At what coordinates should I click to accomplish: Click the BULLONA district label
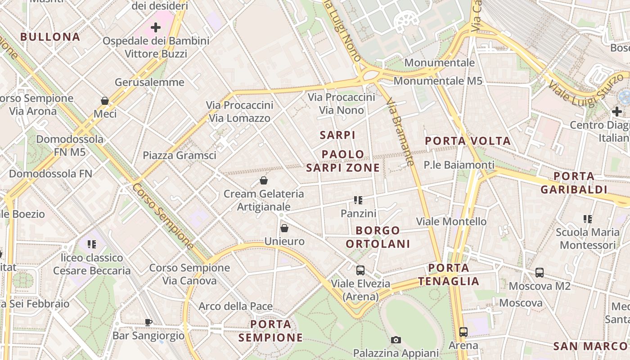(50, 37)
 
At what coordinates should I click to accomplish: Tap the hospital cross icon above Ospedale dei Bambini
(156, 27)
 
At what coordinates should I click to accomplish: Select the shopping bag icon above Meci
(105, 101)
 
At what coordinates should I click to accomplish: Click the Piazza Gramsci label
(180, 155)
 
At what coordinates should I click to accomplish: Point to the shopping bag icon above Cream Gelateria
(264, 181)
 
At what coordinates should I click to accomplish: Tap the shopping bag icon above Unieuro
(284, 228)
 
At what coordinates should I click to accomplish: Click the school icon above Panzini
(358, 200)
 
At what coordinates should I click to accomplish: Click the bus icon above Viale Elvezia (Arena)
(360, 270)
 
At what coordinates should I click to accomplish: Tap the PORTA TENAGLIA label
(449, 274)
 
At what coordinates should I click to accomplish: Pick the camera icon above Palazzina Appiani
(396, 340)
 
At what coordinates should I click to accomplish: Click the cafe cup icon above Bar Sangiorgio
(148, 322)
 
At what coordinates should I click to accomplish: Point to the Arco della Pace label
(236, 306)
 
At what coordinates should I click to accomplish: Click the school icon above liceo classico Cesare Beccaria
(92, 244)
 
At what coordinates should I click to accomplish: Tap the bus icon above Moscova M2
(540, 273)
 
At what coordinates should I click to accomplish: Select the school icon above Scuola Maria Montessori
(588, 219)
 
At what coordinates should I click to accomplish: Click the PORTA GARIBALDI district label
(574, 183)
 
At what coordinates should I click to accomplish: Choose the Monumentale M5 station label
(438, 81)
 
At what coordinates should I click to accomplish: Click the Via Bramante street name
(400, 132)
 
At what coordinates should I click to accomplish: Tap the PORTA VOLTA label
(468, 141)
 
